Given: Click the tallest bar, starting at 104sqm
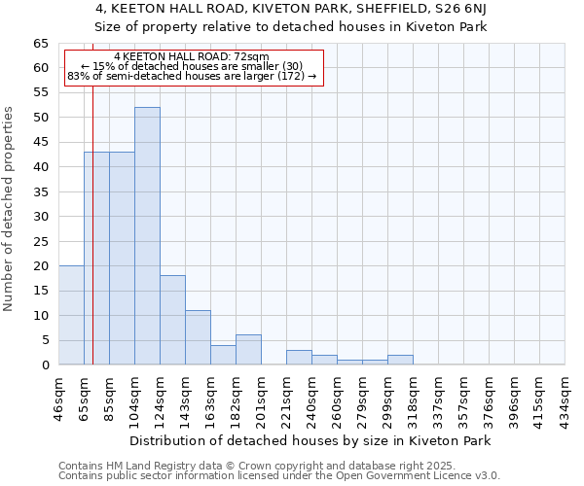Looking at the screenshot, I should coord(147,236).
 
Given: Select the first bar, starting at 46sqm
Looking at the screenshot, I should coord(71,315).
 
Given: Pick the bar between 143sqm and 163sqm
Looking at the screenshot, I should coord(198,337).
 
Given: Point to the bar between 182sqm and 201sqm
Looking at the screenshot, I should coord(248,350).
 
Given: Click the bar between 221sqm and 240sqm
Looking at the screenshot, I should coord(299,358).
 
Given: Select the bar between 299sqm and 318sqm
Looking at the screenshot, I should coord(400,360).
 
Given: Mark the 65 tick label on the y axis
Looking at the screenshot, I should coord(40,44).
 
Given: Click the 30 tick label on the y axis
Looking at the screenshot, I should coord(40,217).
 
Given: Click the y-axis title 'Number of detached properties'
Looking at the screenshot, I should coord(10,209).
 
